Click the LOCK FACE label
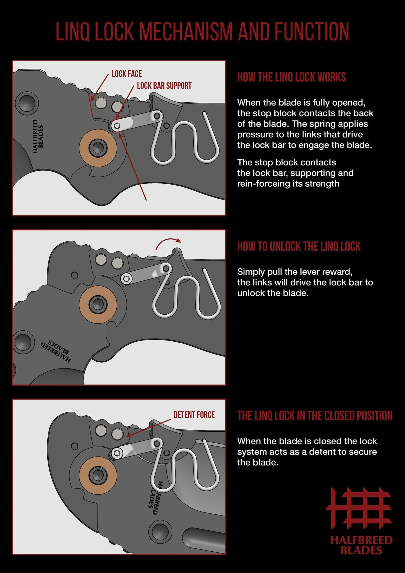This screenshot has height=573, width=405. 126,74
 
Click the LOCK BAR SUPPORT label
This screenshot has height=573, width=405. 164,86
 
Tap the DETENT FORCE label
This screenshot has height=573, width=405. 194,415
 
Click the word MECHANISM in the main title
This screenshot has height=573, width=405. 186,31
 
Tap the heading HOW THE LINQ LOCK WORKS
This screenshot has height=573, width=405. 291,77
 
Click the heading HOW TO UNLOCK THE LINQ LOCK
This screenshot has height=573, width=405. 299,246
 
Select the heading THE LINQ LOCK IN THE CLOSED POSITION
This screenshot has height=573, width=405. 315,416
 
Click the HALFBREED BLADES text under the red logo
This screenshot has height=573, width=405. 361,545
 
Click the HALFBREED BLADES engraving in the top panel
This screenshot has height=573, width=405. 38,136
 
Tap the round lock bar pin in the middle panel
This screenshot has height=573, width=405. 126,279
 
